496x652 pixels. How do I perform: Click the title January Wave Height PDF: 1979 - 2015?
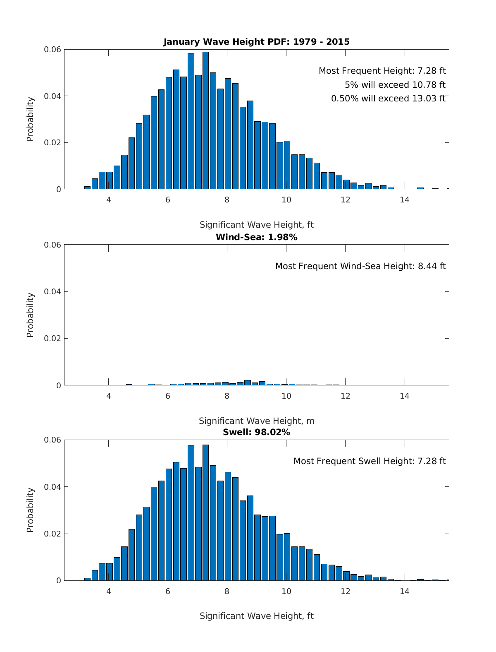256,42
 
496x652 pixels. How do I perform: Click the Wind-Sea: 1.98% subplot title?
256,237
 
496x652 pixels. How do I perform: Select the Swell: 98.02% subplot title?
256,432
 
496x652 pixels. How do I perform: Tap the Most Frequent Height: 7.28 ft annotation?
382,71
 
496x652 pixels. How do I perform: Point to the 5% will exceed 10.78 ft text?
395,85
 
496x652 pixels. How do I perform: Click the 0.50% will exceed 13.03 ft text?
388,99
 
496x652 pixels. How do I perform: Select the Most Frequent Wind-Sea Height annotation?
360,266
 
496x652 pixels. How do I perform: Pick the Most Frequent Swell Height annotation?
370,461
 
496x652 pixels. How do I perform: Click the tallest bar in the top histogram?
205,120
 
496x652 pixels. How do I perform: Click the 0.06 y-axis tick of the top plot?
52,50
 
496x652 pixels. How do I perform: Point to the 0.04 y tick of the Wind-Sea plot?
52,291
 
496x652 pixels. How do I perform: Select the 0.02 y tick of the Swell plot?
52,534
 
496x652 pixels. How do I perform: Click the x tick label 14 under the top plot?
404,200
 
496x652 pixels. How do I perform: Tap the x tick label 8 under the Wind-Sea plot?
227,396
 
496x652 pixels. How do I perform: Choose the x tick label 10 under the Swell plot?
286,591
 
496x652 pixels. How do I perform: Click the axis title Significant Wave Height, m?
256,421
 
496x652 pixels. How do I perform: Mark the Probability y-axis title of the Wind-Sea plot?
30,315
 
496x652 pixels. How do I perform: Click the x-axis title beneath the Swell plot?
256,616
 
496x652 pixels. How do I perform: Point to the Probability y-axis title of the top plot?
30,119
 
